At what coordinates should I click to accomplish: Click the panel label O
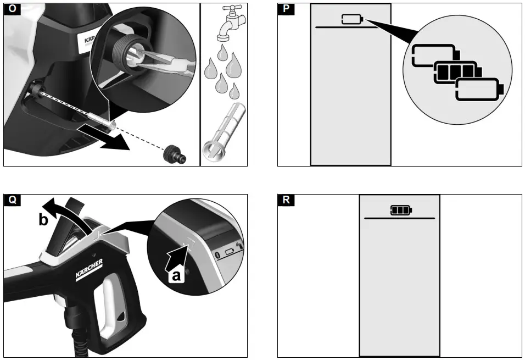pos(11,9)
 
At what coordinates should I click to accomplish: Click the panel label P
pos(285,9)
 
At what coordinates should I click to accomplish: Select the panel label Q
pos(11,200)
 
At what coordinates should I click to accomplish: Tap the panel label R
pos(285,200)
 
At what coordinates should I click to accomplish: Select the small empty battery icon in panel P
pos(352,20)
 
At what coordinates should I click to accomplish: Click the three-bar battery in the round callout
pos(454,71)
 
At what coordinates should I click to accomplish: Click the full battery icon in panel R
pos(400,209)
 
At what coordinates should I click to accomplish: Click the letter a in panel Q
pos(176,276)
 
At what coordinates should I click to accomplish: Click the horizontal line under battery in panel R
pos(399,218)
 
